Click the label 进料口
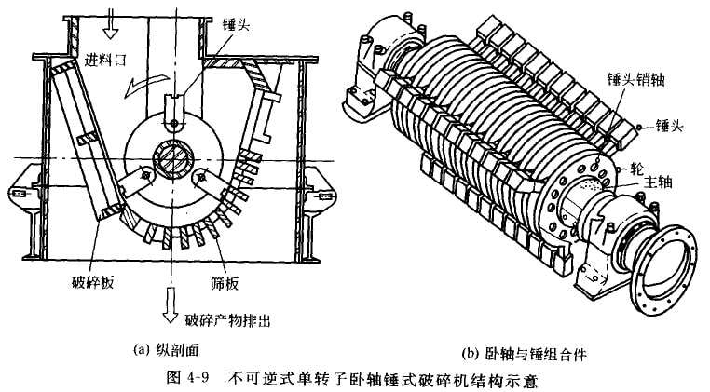(105, 61)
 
